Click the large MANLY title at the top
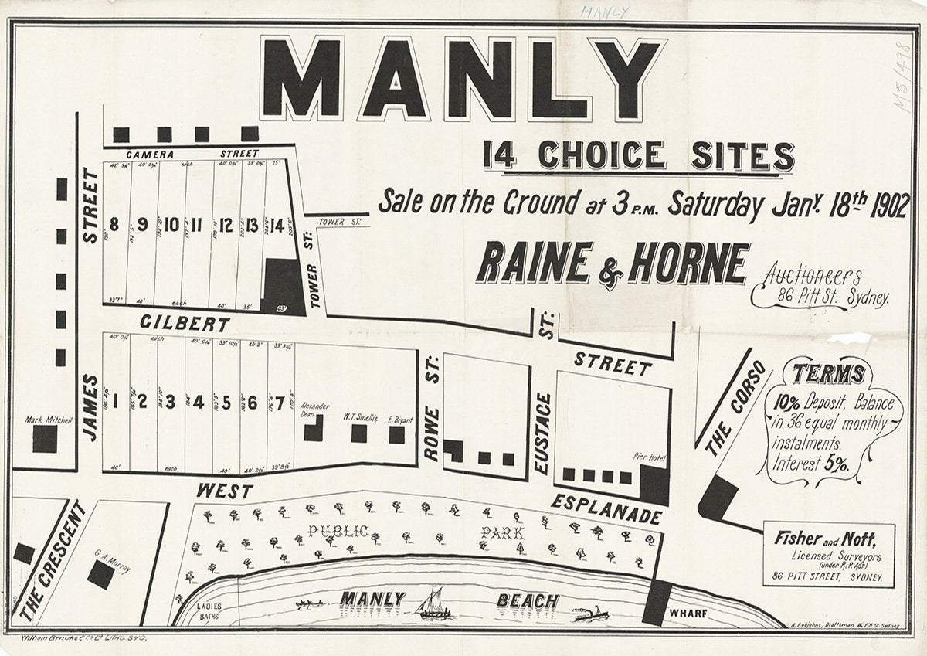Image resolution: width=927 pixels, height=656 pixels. (462, 79)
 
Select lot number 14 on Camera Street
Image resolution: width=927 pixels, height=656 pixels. (277, 226)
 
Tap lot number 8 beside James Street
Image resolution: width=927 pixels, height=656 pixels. (114, 226)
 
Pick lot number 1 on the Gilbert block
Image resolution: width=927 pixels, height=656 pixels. (115, 402)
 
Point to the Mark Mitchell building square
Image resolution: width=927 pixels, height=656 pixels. (44, 439)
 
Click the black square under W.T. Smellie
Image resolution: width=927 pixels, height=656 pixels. (358, 433)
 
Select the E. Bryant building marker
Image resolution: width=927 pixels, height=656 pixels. (396, 435)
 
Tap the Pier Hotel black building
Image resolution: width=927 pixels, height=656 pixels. (654, 485)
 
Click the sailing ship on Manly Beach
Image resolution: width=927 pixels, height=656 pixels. (434, 603)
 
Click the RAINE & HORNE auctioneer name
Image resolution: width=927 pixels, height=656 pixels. (613, 264)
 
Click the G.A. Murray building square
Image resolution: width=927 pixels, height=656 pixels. (100, 574)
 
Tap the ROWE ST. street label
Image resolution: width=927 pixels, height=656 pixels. (431, 407)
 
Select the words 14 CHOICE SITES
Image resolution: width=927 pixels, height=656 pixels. (638, 156)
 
